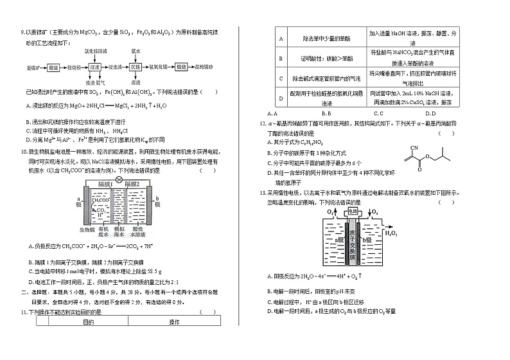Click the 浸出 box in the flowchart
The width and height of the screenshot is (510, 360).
point(96,67)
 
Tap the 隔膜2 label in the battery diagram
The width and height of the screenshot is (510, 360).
point(133,185)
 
